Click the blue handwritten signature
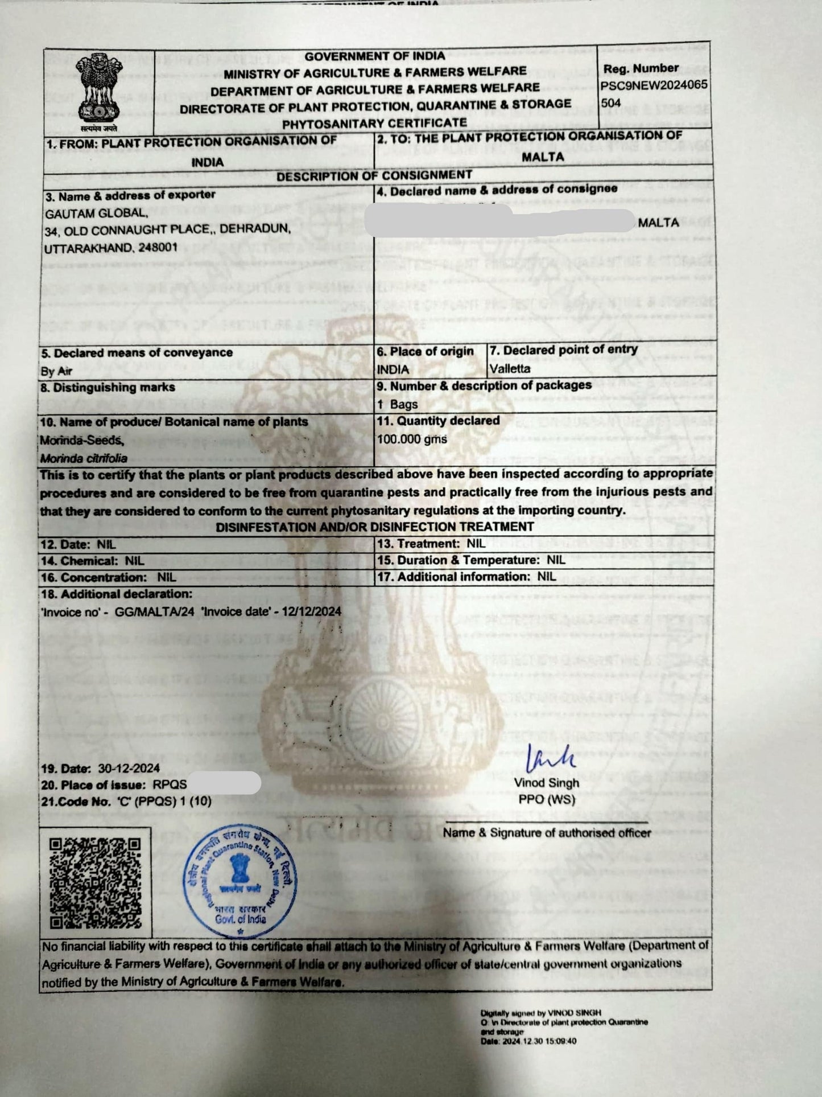[550, 758]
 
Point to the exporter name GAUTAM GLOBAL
[96, 213]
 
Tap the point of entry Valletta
[510, 368]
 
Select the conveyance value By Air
[56, 371]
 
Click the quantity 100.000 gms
[412, 439]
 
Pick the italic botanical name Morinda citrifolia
[84, 458]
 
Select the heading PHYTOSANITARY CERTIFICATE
[374, 123]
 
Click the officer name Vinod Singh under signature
[546, 783]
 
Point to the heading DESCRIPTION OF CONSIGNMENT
[374, 175]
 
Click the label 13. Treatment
[418, 544]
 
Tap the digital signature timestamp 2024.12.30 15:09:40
[540, 1041]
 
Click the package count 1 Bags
[397, 404]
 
